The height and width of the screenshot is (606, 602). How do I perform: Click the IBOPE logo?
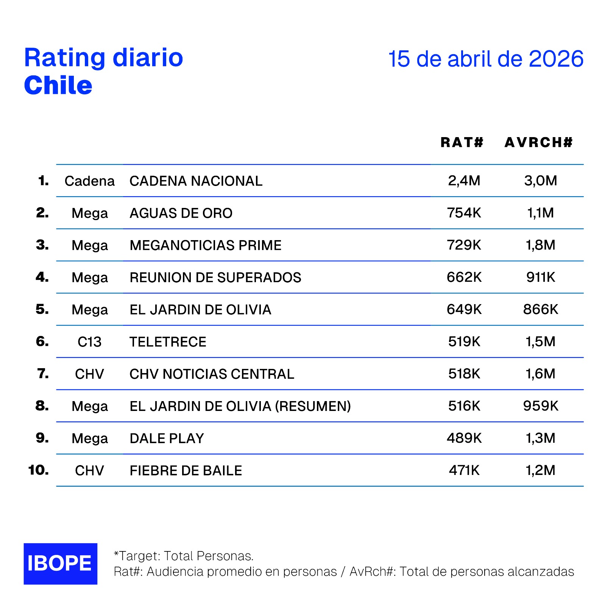[x=60, y=563]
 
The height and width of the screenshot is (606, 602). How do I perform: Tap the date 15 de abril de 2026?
[x=486, y=59]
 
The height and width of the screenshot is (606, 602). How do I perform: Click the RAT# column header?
[x=462, y=142]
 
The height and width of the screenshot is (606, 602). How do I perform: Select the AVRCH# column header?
[x=538, y=142]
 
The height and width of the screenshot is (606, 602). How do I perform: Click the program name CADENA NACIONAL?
[x=196, y=181]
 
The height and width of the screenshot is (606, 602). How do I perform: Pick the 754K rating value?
[x=464, y=213]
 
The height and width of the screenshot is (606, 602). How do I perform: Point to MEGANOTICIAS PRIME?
[x=205, y=245]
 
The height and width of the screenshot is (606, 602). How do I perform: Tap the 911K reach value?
[x=540, y=277]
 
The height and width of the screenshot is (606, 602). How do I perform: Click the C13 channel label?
[x=89, y=342]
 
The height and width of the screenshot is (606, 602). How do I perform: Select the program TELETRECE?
[x=168, y=342]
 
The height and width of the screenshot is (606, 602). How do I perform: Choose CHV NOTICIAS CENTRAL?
[x=212, y=374]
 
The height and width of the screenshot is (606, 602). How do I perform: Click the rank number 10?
[x=38, y=470]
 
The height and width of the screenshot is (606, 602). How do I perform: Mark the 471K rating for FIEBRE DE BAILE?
[x=464, y=470]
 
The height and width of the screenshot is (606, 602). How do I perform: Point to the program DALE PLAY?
[x=167, y=439]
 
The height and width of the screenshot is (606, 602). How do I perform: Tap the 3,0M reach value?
[x=540, y=181]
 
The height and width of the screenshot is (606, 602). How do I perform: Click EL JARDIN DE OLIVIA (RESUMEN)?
[x=240, y=406]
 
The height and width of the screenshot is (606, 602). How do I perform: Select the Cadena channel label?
[x=89, y=181]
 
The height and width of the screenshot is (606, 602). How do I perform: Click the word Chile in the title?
[x=58, y=85]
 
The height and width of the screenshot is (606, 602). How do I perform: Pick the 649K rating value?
[x=464, y=309]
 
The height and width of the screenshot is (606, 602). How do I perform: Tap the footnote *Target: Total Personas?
[x=184, y=556]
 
